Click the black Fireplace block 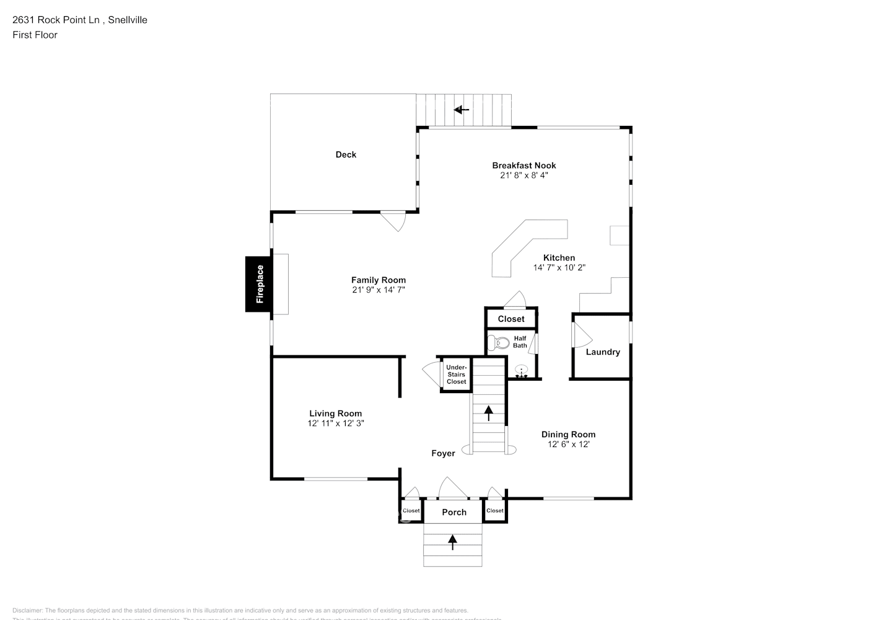(x=258, y=284)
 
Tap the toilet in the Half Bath (x=499, y=342)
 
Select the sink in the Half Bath (x=521, y=371)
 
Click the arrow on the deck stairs (x=461, y=110)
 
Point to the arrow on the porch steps (x=452, y=542)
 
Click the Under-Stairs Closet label (x=456, y=374)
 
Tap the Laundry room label (x=602, y=352)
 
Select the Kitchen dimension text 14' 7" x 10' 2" (x=559, y=268)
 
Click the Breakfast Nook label (x=523, y=166)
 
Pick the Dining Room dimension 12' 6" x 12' (x=568, y=445)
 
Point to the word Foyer (x=443, y=454)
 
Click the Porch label (x=453, y=512)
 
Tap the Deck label (x=346, y=155)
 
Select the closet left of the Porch (x=411, y=511)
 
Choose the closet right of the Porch (x=494, y=511)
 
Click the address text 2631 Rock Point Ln (x=56, y=20)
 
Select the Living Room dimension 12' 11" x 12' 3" (x=335, y=423)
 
